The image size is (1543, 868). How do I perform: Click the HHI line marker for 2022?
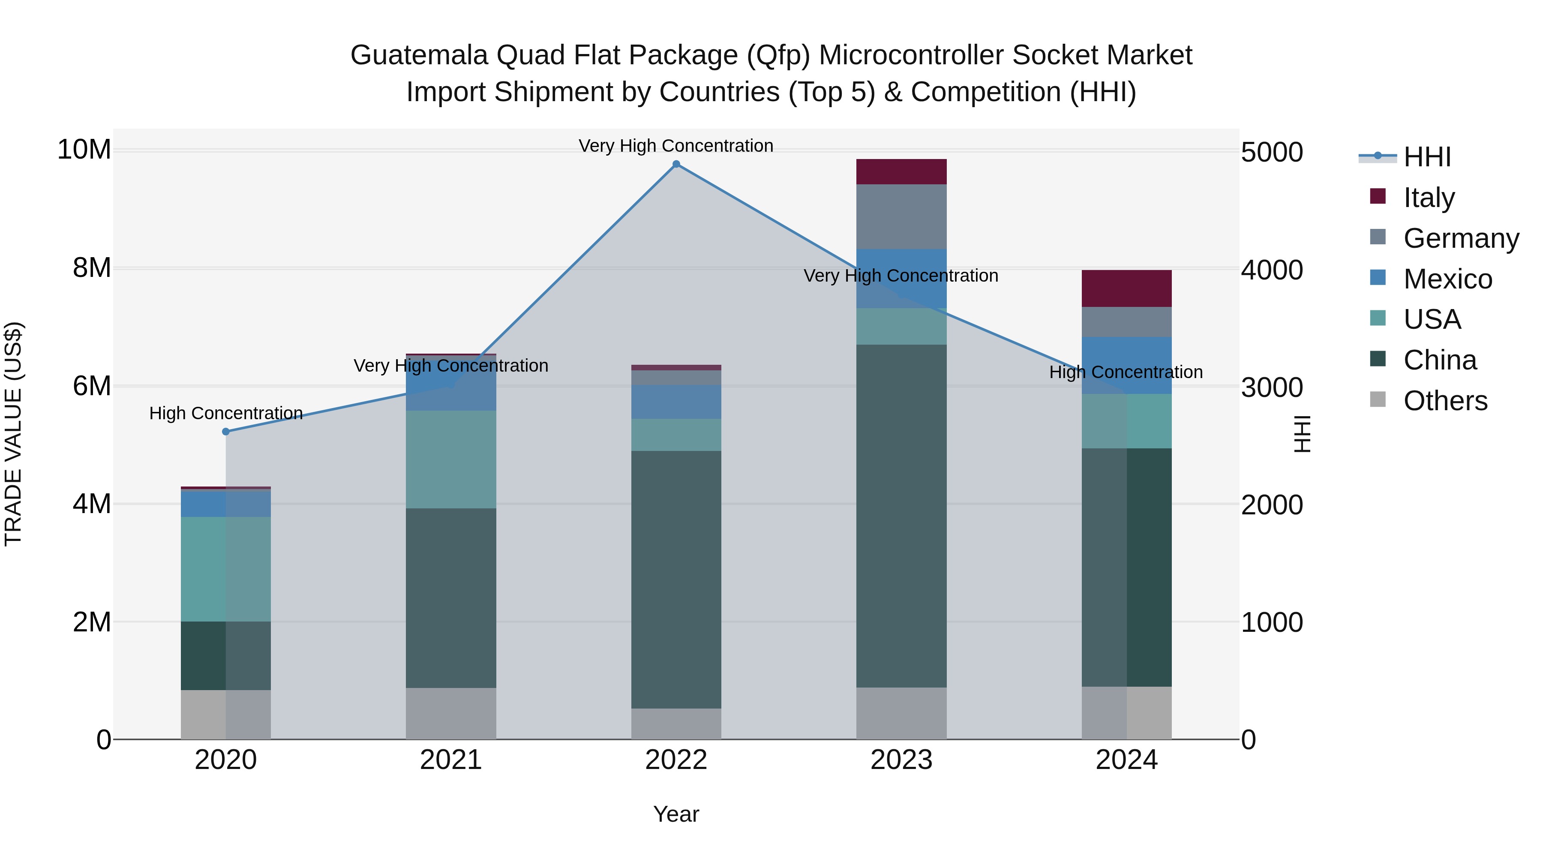pyautogui.click(x=676, y=164)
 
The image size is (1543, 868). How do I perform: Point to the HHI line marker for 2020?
pyautogui.click(x=226, y=431)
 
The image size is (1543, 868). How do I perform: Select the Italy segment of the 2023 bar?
pyautogui.click(x=901, y=172)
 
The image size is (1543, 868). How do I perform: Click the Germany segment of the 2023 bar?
pyautogui.click(x=901, y=216)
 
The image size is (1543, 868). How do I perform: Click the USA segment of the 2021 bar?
pyautogui.click(x=451, y=460)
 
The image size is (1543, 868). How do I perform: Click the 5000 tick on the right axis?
pyautogui.click(x=1271, y=152)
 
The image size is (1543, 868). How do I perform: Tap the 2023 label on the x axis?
pyautogui.click(x=901, y=760)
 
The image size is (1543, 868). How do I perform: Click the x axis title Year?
pyautogui.click(x=676, y=814)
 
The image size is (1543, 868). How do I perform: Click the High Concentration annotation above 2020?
pyautogui.click(x=226, y=413)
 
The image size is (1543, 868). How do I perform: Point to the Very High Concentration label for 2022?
pyautogui.click(x=676, y=146)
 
